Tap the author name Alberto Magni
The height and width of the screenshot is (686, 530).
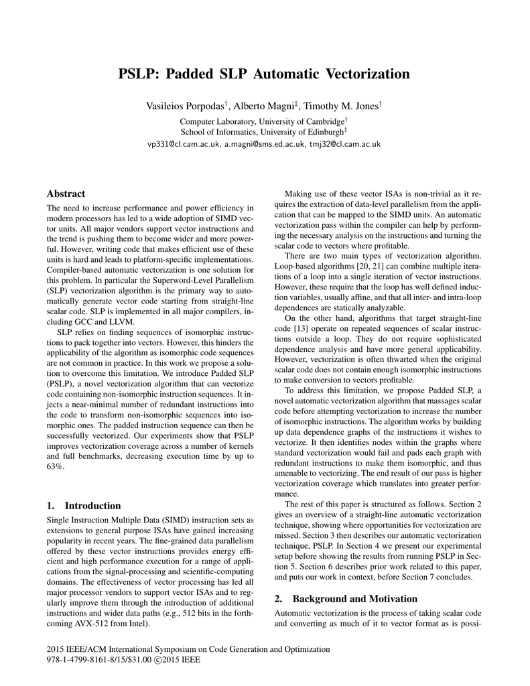pyautogui.click(x=265, y=107)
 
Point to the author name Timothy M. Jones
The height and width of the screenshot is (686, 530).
pyautogui.click(x=341, y=107)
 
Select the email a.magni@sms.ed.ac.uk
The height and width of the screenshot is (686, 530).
pyautogui.click(x=265, y=143)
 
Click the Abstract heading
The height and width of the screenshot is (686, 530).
pyautogui.click(x=66, y=193)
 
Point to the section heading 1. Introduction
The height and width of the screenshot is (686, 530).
pyautogui.click(x=84, y=506)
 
